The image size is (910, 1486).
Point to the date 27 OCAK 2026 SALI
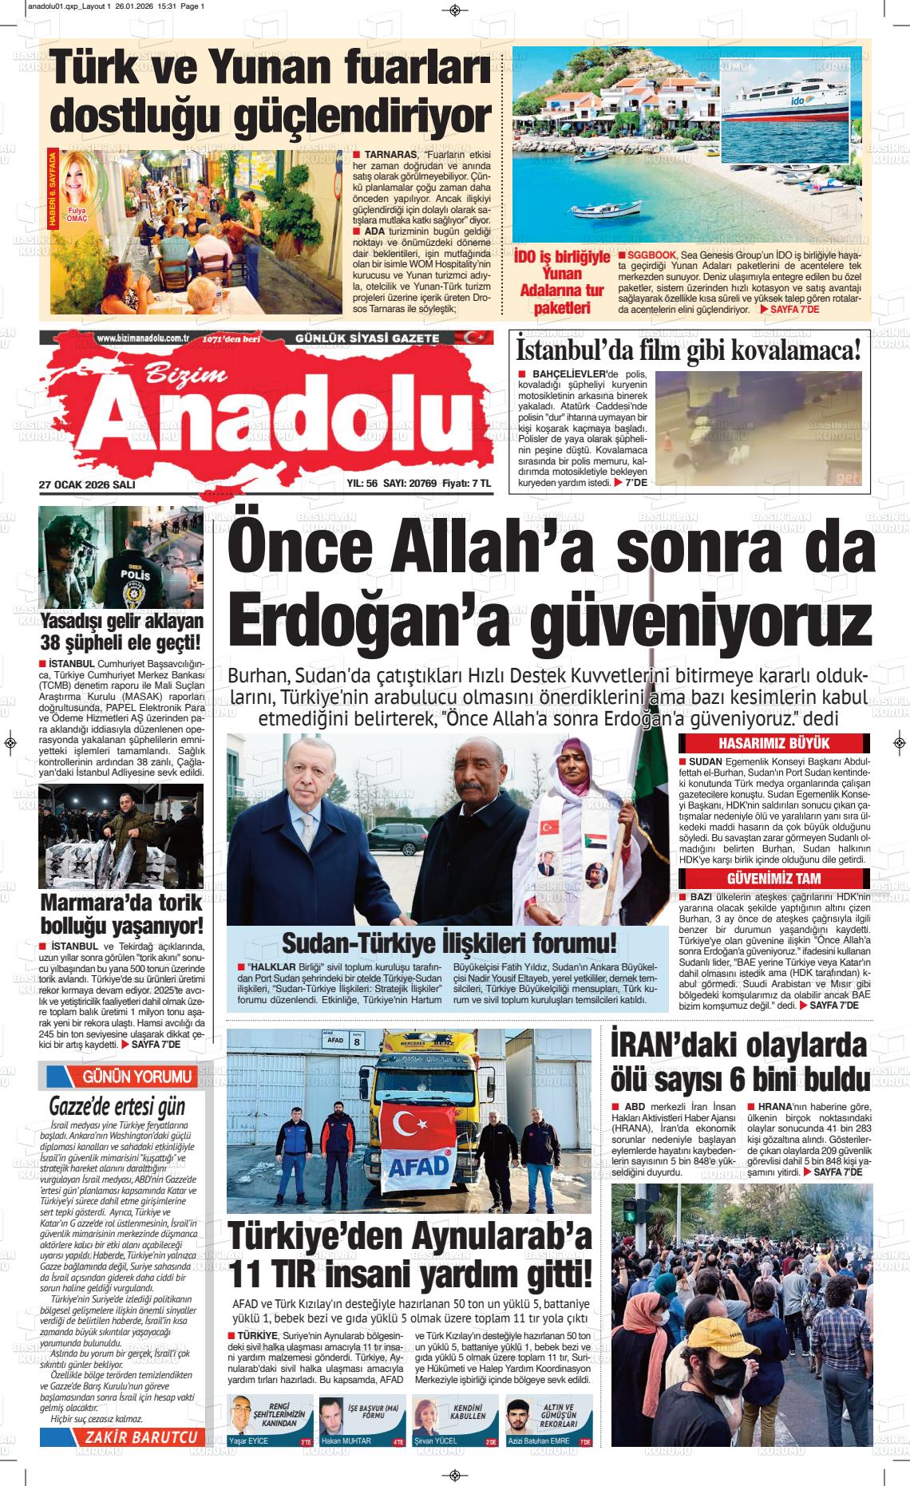(x=87, y=484)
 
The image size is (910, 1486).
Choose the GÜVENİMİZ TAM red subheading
(x=774, y=879)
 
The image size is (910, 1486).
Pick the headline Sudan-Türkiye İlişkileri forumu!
(x=449, y=943)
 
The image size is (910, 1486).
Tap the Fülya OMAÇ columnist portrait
(x=77, y=184)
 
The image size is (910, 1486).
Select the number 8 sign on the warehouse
(x=357, y=1041)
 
